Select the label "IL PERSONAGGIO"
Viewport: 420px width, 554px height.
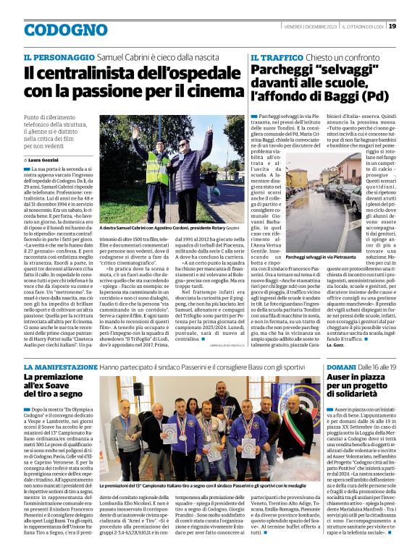[x=59, y=56]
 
